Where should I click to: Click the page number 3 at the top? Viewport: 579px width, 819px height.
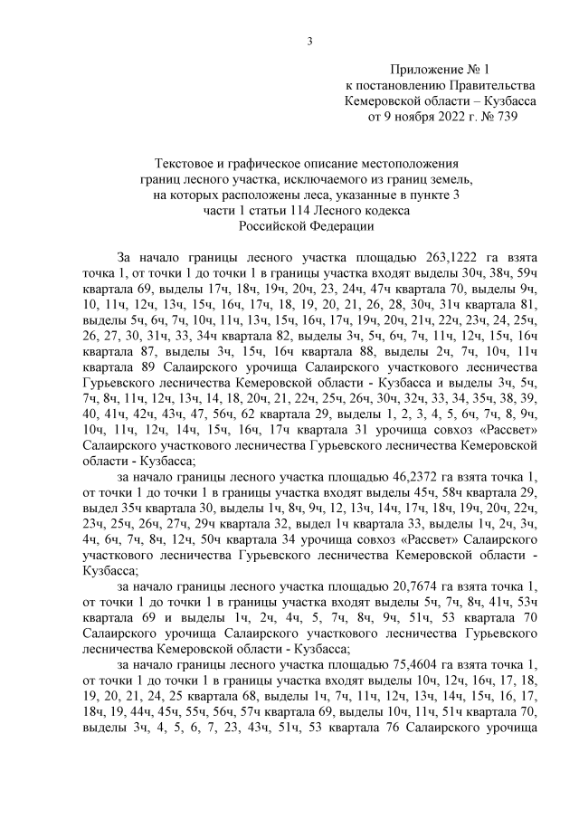(309, 40)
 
